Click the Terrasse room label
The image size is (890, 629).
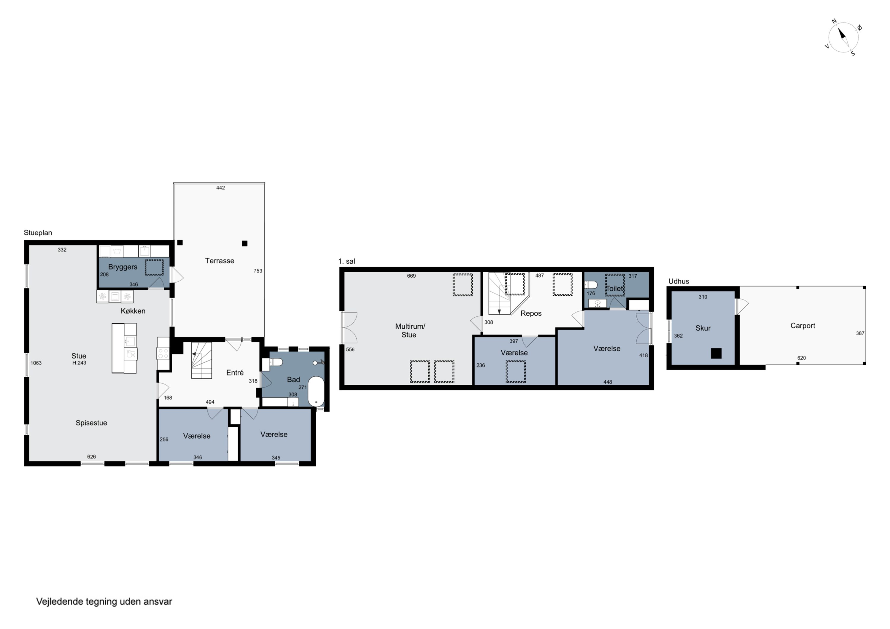point(220,261)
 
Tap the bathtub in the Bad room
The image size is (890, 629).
point(316,391)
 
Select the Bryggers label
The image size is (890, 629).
point(123,267)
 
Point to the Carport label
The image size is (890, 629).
point(803,326)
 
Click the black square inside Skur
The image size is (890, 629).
point(716,353)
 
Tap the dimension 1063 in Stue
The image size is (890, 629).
point(36,363)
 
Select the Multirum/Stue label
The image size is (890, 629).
point(410,331)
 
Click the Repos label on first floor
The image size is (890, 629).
point(531,313)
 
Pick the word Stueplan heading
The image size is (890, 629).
point(38,233)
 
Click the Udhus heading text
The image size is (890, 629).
point(679,282)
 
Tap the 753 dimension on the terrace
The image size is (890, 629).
point(258,271)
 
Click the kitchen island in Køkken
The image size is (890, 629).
point(124,348)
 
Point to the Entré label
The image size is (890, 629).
point(235,373)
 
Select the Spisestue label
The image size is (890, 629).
point(91,423)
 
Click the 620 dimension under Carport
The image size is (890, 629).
point(802,358)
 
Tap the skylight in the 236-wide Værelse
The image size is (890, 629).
point(516,372)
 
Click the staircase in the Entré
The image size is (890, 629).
point(201,360)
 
